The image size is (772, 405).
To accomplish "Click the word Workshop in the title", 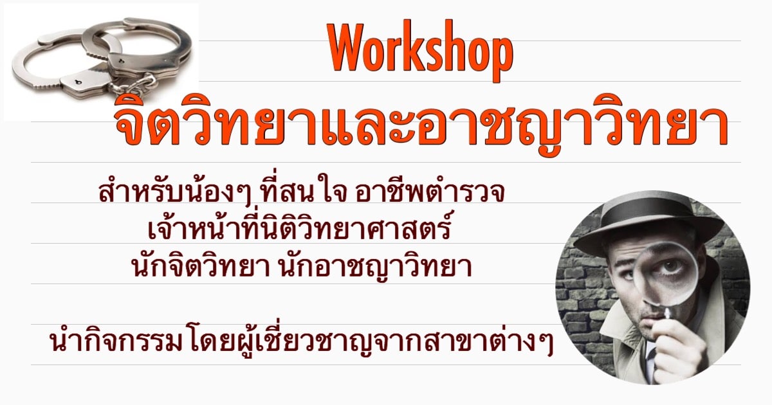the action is tap(421, 51).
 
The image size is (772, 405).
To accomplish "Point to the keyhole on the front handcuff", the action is tap(77, 82).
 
